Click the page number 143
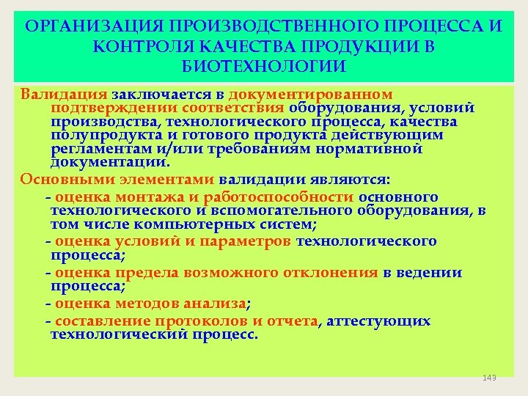coord(490,378)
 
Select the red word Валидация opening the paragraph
coord(64,95)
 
